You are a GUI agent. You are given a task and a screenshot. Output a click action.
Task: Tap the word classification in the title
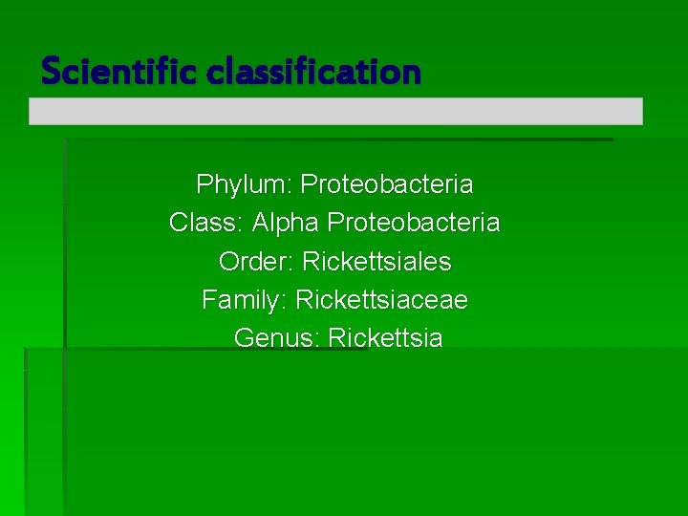coord(312,71)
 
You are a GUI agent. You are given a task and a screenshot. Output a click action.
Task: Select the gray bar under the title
coord(335,111)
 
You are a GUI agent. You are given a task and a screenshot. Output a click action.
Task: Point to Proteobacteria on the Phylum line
coord(387,183)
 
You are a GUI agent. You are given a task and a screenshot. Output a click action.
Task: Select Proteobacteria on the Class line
coord(414,223)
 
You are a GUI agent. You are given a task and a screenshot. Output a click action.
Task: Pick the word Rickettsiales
coord(376,261)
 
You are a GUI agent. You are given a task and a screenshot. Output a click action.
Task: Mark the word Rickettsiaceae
coord(382,300)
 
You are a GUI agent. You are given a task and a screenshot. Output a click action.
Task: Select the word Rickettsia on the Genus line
coord(385,338)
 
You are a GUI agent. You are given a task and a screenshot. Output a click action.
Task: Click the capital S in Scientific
coord(51,71)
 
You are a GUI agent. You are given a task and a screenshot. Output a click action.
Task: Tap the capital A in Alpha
coord(261,223)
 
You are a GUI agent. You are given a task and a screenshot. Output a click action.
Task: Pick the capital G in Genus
coord(243,338)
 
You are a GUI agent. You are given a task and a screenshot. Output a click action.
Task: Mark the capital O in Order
coord(228,261)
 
